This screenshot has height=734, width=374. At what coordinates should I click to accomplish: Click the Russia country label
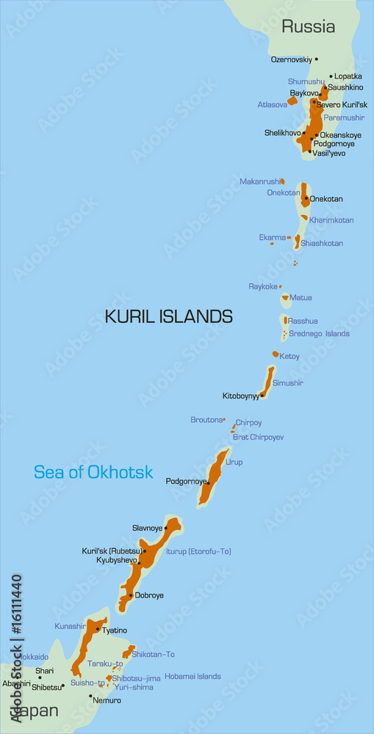tap(309, 27)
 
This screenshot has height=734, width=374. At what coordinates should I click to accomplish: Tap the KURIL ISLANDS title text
tap(169, 316)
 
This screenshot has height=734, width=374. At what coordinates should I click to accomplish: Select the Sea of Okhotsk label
tap(94, 472)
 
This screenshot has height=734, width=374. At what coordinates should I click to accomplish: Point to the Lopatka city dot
tap(331, 76)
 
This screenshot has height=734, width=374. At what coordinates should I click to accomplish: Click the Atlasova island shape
tap(292, 101)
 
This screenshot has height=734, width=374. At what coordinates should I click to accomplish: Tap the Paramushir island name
tap(344, 117)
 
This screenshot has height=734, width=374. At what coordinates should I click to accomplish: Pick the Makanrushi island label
tap(259, 181)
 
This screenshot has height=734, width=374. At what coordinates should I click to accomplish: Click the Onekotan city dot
tap(306, 197)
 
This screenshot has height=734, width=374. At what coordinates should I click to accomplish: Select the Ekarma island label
tap(272, 237)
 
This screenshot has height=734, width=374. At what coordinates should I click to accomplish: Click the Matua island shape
tap(286, 299)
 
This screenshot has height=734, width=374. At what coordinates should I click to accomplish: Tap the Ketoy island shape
tap(276, 355)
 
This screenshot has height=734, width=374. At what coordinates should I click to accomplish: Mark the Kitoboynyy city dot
tap(262, 395)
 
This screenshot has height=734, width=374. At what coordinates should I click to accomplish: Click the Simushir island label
tap(287, 383)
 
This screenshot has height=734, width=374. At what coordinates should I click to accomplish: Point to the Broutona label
tap(206, 420)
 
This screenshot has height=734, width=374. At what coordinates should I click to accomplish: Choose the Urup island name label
tap(234, 462)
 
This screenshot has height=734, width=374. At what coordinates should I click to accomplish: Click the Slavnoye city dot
tap(166, 528)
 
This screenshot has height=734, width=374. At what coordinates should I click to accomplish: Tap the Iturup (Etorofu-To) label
tap(198, 551)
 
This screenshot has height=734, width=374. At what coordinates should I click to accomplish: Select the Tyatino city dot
tap(98, 629)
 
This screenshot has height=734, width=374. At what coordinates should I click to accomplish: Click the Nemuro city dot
tap(91, 696)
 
